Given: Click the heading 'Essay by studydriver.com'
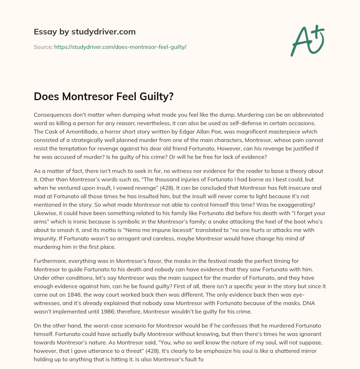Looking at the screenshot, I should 84,32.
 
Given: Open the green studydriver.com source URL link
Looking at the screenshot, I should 120,47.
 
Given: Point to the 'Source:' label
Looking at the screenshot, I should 43,47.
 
